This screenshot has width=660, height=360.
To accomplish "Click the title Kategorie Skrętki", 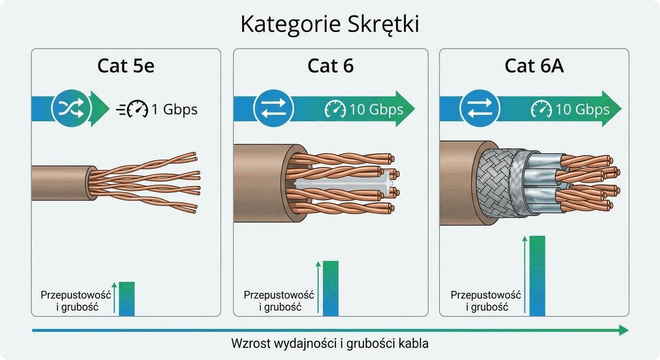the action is [330, 24].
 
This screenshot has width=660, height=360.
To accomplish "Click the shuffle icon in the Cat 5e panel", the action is [71, 108].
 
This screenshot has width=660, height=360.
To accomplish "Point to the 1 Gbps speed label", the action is [174, 109].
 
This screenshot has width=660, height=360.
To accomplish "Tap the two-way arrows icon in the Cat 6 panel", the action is [273, 108].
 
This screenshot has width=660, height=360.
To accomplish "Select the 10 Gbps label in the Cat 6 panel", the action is [376, 109].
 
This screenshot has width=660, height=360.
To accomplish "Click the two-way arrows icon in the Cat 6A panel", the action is [480, 108].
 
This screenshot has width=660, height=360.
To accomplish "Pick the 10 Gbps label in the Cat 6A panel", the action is [582, 109].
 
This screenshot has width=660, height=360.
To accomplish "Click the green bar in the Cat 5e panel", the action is [127, 299].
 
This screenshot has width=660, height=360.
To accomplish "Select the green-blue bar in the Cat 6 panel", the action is [331, 289].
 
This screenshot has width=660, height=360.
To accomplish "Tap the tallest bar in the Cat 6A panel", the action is [537, 276].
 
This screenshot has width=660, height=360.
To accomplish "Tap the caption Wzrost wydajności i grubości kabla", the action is [329, 344].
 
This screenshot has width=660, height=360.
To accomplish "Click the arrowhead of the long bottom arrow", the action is [624, 330].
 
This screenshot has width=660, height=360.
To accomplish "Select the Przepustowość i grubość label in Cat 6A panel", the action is [486, 301].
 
